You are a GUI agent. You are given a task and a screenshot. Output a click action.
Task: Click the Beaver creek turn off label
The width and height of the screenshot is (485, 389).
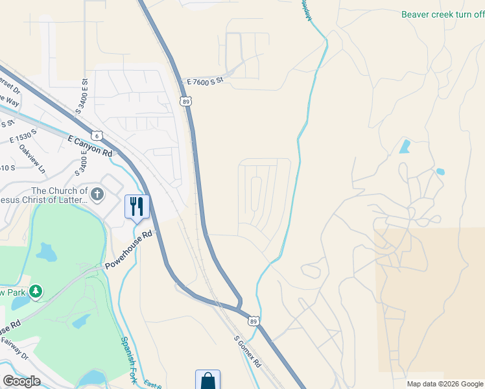point(442,14)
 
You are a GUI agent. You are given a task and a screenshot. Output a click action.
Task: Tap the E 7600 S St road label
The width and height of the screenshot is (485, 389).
point(205,81)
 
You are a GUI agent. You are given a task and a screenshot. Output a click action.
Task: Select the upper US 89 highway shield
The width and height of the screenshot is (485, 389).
point(186,101)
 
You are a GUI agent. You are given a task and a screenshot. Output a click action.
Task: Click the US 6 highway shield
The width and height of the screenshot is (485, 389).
point(97,136)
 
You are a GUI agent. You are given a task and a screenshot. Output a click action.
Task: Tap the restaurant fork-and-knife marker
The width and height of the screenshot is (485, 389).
point(137,207)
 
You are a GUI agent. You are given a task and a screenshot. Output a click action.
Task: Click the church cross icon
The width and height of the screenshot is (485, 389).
point(97,193)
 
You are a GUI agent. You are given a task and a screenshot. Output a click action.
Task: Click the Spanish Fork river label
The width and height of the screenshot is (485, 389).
point(128,360)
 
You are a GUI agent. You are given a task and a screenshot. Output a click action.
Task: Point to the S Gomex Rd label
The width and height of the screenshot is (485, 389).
point(247,352)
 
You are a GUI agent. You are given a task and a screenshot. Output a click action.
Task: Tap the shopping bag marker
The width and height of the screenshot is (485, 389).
point(207,380)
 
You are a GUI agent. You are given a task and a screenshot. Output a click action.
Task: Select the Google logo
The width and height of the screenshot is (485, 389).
point(21,381)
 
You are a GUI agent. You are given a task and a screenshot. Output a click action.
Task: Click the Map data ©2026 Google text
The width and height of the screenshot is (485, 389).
point(444,384)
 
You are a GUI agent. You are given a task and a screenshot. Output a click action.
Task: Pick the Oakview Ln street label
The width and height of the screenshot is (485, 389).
point(32,159)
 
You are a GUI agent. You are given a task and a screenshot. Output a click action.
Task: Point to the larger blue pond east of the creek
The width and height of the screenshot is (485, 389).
point(405,146)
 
